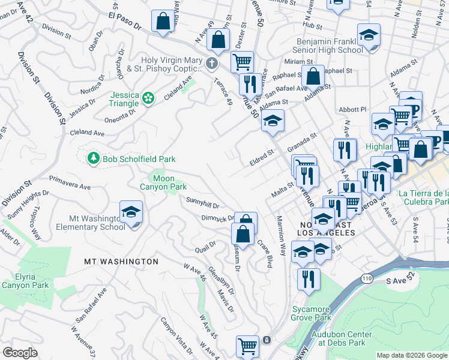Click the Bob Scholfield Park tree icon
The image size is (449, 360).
pyautogui.click(x=93, y=158)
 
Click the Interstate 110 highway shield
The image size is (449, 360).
pyautogui.click(x=367, y=278)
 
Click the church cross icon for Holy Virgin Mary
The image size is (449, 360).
pyautogui.click(x=211, y=63)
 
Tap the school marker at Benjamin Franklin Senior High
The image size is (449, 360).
pyautogui.click(x=369, y=36)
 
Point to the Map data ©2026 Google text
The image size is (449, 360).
pyautogui.click(x=411, y=355)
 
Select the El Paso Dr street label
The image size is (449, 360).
pyautogui.click(x=124, y=23)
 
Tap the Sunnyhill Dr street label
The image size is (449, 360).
pyautogui.click(x=202, y=202)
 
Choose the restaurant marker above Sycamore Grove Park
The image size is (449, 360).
pyautogui.click(x=309, y=279)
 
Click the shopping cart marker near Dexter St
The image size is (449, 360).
pyautogui.click(x=242, y=62)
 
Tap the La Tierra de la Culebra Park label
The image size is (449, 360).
pyautogui.click(x=424, y=197)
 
